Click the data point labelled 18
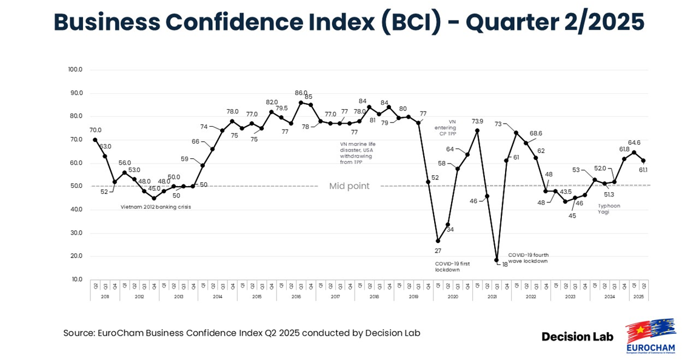[497, 260]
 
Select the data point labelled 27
[438, 241]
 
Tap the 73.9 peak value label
[477, 121]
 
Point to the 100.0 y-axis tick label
[75, 70]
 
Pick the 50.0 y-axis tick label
[76, 186]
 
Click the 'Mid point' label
[349, 186]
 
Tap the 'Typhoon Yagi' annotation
[609, 208]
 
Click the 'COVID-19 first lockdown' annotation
[452, 267]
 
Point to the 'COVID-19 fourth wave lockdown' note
[528, 258]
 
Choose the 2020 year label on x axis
[452, 297]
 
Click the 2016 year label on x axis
[296, 297]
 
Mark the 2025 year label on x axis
[638, 297]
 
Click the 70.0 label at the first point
[95, 130]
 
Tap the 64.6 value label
[634, 143]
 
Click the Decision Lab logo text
[577, 336]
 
